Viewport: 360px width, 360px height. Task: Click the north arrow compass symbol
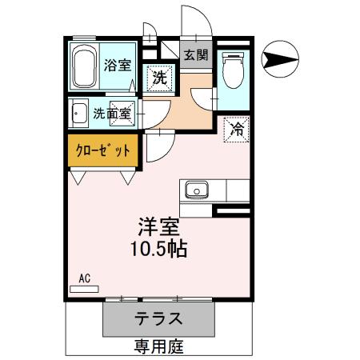coord(282,58)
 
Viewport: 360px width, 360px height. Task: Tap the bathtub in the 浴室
coord(83,67)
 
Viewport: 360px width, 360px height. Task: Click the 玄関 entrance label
coord(196,55)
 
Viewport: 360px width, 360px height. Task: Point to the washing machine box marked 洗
coord(160,78)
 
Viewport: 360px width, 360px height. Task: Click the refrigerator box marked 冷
coord(237,128)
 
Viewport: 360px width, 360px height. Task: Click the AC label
coord(83,278)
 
